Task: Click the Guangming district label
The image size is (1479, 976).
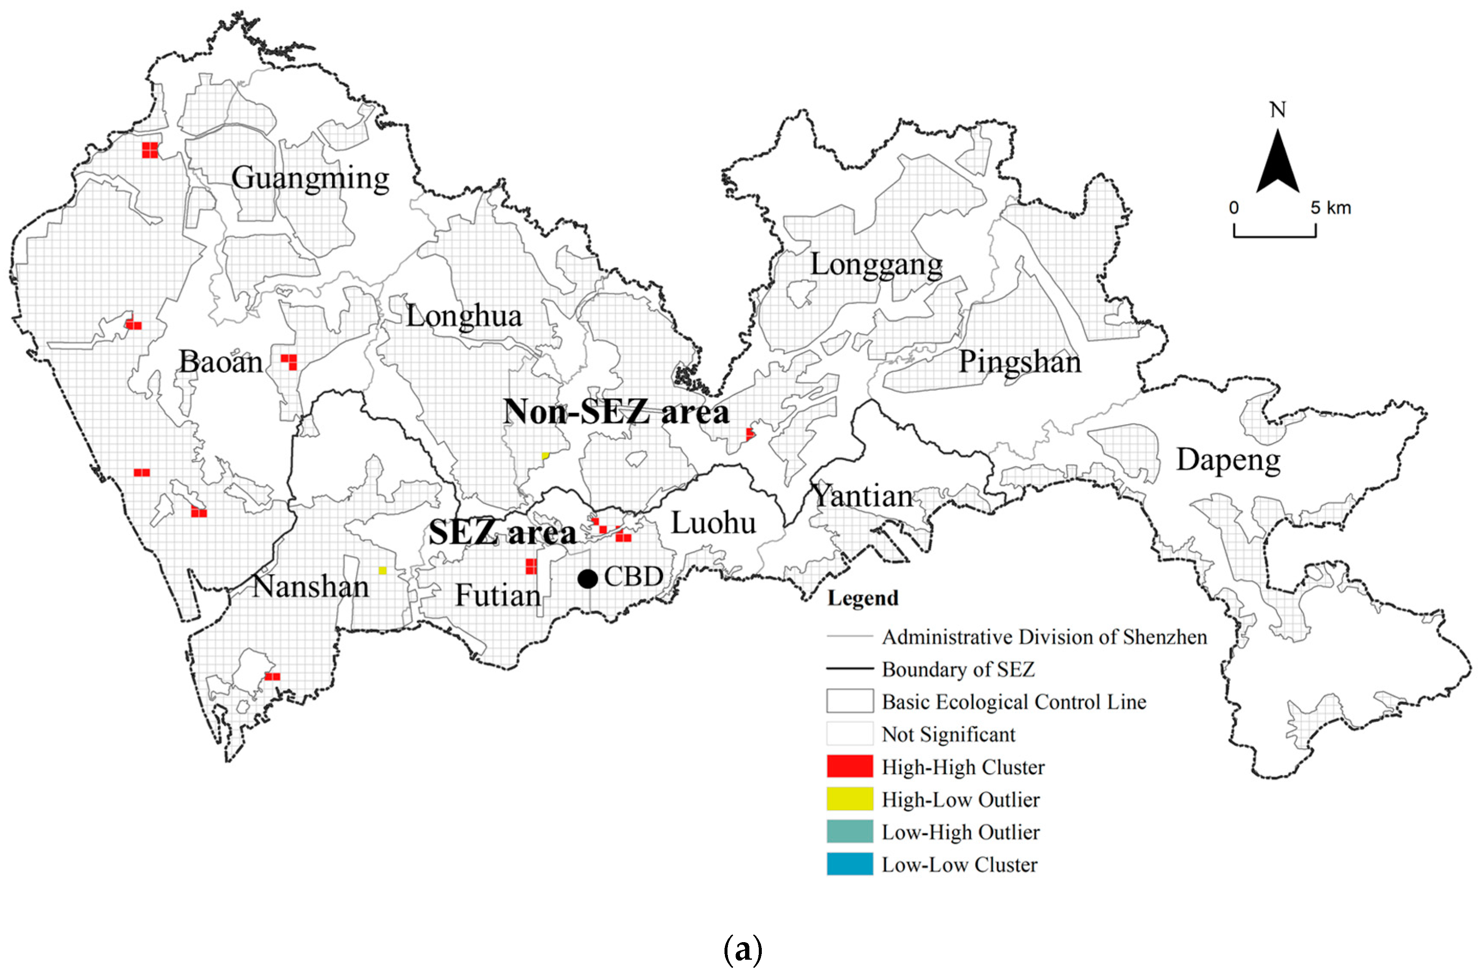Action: [310, 179]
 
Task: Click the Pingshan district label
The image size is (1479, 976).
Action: [1019, 362]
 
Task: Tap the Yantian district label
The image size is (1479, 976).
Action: [863, 497]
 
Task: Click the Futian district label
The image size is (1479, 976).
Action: [498, 596]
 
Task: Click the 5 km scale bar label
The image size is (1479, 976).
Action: [1331, 208]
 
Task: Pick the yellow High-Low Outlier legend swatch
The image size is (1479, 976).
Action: [849, 799]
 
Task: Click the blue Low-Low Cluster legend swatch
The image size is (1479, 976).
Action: [849, 865]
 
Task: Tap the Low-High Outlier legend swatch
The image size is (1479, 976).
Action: [849, 832]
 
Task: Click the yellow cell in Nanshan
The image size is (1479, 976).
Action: [382, 570]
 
